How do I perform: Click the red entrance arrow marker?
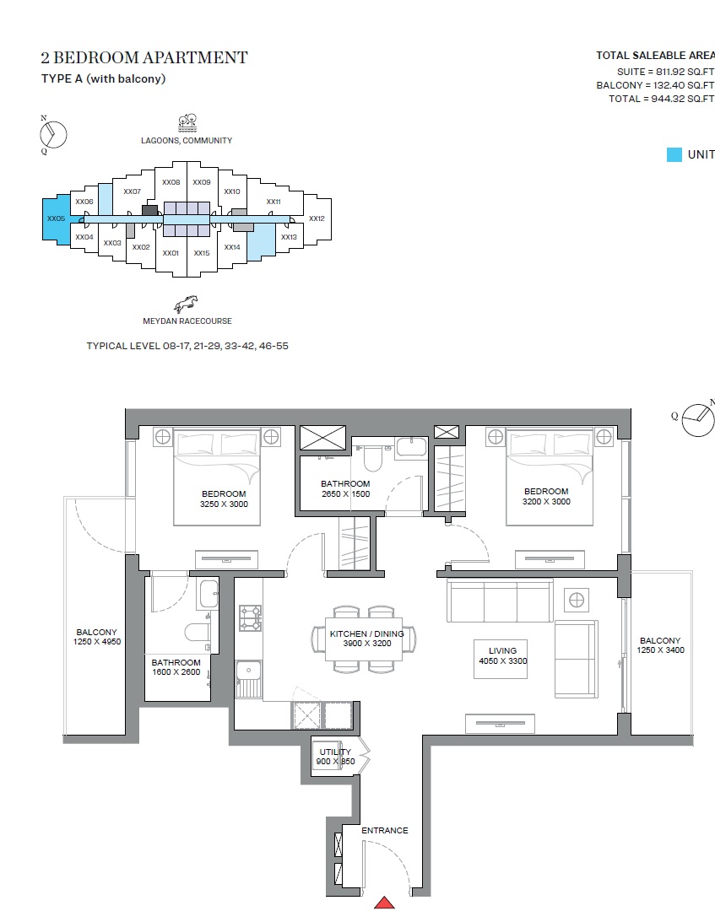385,903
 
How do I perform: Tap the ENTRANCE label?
385,831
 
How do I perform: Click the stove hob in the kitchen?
251,617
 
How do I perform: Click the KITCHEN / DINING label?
367,638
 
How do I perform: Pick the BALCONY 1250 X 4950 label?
96,637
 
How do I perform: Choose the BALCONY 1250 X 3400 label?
660,645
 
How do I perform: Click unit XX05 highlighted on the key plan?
57,219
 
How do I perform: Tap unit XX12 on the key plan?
317,218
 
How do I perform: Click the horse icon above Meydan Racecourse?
187,304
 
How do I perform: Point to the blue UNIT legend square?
674,154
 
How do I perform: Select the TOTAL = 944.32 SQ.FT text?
661,99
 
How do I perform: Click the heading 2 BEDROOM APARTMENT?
144,57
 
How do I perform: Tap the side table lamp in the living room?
577,600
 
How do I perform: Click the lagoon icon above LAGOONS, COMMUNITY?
187,121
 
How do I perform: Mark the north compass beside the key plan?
53,134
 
